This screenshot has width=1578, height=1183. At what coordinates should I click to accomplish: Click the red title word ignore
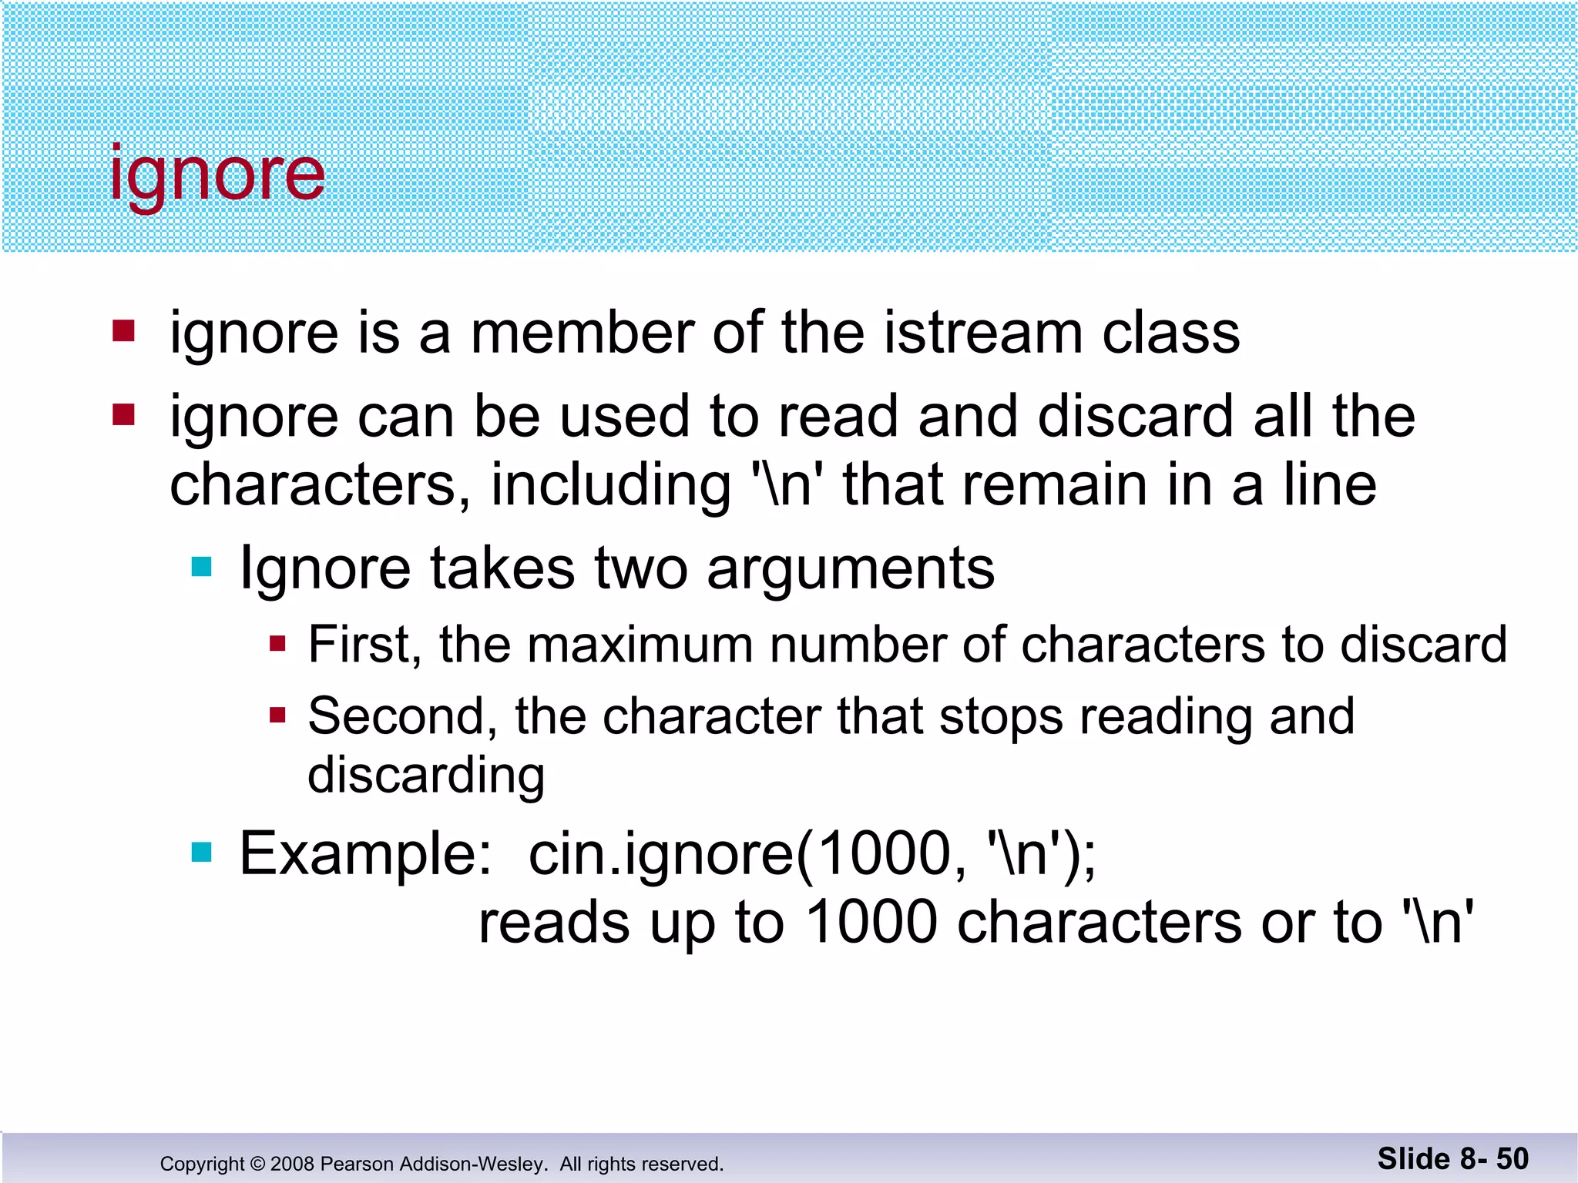(x=217, y=176)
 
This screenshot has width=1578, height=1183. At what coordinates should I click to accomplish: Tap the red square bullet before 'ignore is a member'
(x=123, y=331)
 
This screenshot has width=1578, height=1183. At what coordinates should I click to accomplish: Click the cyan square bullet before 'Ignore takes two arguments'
(x=201, y=568)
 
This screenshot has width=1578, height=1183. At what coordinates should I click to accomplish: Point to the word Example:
(x=365, y=854)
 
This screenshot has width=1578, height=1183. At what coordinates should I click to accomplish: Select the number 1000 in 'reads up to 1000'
(x=871, y=923)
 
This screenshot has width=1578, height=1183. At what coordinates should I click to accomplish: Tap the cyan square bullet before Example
(x=201, y=852)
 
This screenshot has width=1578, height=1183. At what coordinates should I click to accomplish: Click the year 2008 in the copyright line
(x=292, y=1164)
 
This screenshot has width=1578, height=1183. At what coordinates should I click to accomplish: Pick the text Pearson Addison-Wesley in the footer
(x=433, y=1164)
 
